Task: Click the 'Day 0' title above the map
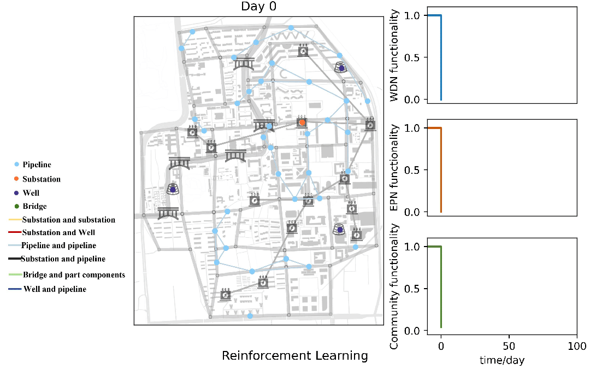point(259,7)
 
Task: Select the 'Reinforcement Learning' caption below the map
point(295,356)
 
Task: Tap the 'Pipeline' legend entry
point(37,165)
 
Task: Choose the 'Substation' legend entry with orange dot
point(42,179)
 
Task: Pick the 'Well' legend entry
point(31,193)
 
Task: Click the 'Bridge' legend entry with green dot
point(34,207)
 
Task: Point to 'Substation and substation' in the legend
point(69,220)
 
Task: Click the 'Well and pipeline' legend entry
point(55,289)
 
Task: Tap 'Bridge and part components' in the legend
point(74,275)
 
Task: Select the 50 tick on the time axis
point(509,346)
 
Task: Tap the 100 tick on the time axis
point(577,346)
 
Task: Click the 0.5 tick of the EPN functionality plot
point(412,170)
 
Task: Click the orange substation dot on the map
point(302,122)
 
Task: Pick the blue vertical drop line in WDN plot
point(441,57)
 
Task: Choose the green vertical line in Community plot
point(441,287)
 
